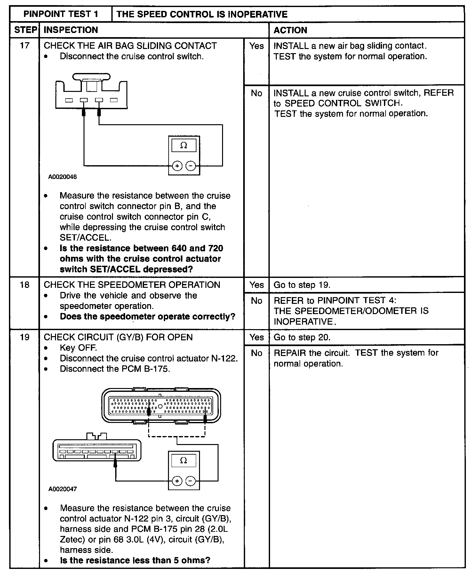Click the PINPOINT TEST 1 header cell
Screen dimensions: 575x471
coord(61,14)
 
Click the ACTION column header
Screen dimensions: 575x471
coord(290,30)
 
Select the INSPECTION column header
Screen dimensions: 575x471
coord(71,30)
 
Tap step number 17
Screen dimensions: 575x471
coord(25,46)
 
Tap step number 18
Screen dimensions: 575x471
coord(25,285)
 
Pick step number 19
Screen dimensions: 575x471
coord(25,337)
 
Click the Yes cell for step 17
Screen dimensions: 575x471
coord(256,46)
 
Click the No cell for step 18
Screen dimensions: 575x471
coord(256,301)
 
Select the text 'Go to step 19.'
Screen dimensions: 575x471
coord(302,285)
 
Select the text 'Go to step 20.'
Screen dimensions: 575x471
coord(302,337)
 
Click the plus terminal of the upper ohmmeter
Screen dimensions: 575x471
coord(177,166)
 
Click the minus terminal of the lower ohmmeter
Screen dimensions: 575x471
coord(190,481)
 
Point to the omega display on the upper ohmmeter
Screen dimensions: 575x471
coord(184,146)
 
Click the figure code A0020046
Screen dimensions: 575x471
coord(63,177)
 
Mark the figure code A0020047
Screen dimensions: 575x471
coord(63,489)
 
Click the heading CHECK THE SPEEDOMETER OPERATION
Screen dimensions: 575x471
coord(132,285)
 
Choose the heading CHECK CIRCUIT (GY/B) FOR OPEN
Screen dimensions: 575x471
coord(118,337)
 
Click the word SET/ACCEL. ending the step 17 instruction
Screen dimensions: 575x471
coord(86,238)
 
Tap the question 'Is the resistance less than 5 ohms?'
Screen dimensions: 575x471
coord(135,560)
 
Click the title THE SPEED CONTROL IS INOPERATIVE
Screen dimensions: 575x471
coord(202,14)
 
